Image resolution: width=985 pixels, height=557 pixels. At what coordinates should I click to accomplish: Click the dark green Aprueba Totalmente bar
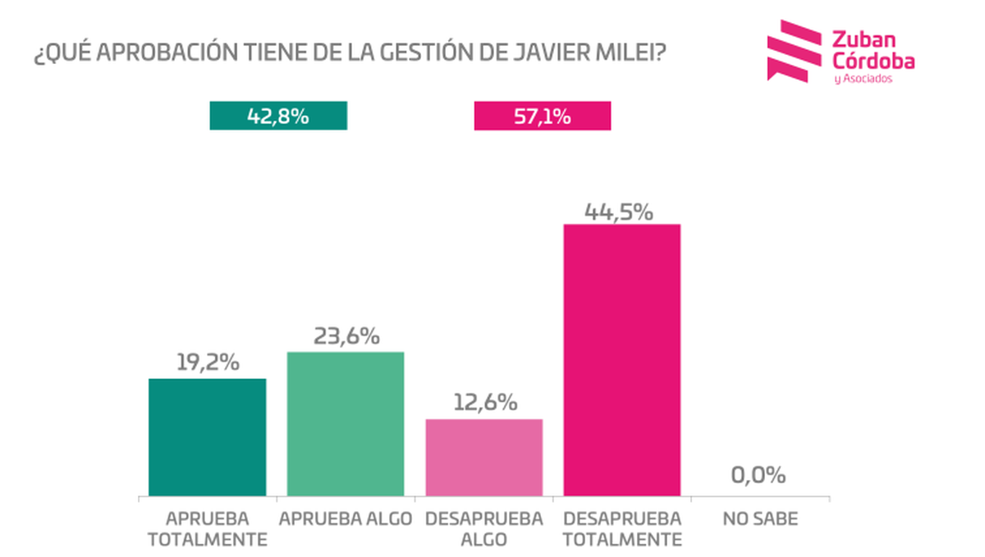tap(207, 436)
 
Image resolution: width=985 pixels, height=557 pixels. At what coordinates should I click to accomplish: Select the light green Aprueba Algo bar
tap(345, 423)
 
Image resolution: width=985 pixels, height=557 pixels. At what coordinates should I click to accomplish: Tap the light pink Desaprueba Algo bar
tap(483, 457)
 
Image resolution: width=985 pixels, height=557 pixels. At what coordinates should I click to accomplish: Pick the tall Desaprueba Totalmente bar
tap(621, 359)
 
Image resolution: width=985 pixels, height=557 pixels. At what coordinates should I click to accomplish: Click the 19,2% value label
tap(208, 363)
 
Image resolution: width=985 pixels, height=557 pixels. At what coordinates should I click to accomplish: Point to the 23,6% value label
tap(346, 336)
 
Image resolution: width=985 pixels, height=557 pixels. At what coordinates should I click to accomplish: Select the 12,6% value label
tap(484, 403)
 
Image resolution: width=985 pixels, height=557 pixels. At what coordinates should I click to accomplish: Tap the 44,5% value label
tap(619, 212)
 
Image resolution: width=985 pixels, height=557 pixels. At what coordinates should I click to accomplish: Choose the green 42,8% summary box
tap(278, 116)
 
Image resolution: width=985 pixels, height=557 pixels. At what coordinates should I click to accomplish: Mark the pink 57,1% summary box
tap(543, 116)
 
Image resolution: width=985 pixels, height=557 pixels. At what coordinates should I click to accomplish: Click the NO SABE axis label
tap(760, 519)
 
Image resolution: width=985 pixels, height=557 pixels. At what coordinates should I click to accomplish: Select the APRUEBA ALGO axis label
tap(345, 519)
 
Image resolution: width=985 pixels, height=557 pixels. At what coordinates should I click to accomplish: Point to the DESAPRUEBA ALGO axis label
tap(484, 529)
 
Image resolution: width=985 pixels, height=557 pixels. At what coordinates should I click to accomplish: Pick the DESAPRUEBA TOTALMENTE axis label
tap(623, 529)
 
